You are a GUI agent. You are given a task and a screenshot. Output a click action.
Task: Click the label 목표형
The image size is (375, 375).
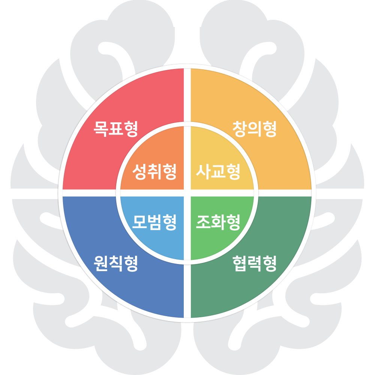(116, 129)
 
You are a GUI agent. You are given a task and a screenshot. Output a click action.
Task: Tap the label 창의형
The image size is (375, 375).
(255, 129)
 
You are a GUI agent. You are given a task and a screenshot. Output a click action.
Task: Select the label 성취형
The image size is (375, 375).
(154, 172)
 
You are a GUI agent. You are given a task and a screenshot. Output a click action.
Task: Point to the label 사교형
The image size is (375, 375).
(218, 172)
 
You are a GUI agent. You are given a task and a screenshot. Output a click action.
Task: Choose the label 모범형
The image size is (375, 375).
(154, 222)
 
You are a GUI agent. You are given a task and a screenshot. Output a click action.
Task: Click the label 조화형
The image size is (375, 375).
(218, 222)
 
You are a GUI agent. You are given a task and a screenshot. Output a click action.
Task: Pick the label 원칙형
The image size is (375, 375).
(116, 264)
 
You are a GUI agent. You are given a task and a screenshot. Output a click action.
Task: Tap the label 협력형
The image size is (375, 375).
(255, 264)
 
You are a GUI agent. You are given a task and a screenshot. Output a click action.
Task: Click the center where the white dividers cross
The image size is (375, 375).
(187, 193)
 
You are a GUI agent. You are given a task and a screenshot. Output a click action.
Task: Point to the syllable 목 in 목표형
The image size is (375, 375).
(100, 129)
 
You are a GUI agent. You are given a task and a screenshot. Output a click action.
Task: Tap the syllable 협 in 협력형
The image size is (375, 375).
(239, 264)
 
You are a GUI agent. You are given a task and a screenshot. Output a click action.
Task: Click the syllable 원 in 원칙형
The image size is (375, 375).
(100, 264)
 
